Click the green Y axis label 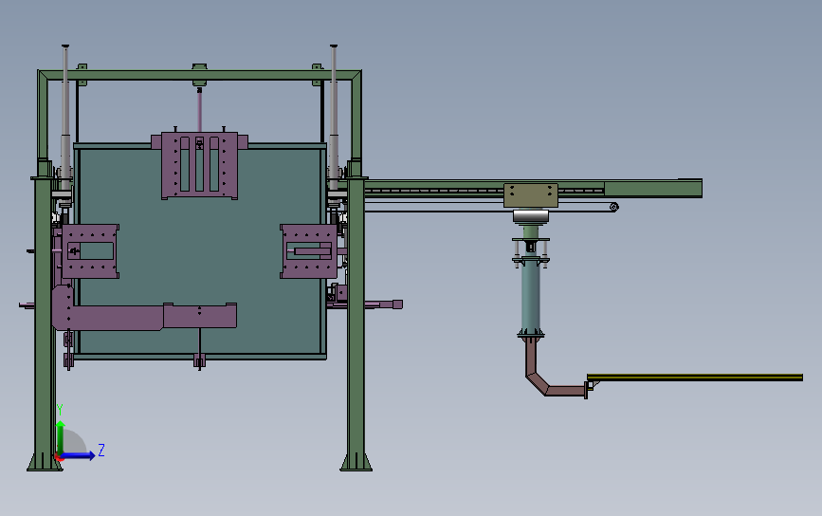click(60, 410)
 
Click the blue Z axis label click(101, 450)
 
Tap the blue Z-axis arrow click(78, 455)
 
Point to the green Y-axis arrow click(61, 437)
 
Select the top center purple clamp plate click(199, 165)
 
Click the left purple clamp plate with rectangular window click(88, 251)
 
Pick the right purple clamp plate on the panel click(309, 251)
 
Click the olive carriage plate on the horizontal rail click(531, 195)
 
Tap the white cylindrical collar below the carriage click(531, 216)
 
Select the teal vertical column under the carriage click(531, 296)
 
